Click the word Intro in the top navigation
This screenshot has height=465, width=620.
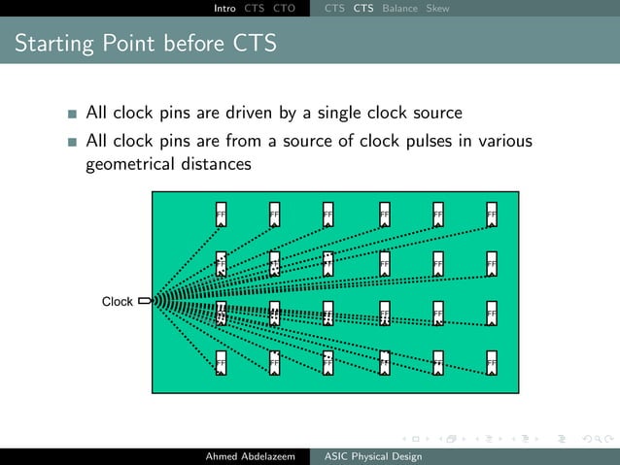(x=224, y=9)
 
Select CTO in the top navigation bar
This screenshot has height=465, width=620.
(x=285, y=9)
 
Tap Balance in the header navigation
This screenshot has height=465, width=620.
(x=400, y=9)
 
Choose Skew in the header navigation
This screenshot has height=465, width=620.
(x=437, y=9)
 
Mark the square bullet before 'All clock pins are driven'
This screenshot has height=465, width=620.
(x=73, y=115)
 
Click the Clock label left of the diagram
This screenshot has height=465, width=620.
(x=118, y=302)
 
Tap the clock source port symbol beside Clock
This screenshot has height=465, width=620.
(x=145, y=301)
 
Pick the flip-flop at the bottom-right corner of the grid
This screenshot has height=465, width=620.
(x=492, y=362)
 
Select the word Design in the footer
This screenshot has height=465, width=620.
(x=404, y=456)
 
